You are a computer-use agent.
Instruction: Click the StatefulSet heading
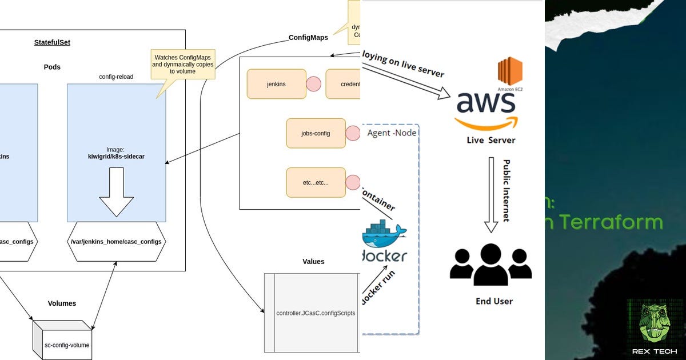(x=52, y=42)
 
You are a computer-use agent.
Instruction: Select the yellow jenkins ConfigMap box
(x=276, y=84)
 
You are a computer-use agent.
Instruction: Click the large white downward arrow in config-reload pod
(x=117, y=191)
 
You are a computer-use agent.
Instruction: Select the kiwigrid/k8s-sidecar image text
(x=116, y=156)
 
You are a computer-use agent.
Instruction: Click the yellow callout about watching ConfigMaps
(x=182, y=64)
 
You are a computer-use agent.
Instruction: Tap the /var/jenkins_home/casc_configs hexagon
(x=117, y=242)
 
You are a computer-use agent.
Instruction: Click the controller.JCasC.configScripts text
(x=316, y=313)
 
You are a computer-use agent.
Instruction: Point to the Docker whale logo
(x=384, y=234)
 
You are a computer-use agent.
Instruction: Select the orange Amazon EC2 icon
(x=510, y=71)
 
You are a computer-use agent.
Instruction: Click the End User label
(x=494, y=301)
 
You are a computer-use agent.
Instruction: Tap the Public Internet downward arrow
(x=491, y=194)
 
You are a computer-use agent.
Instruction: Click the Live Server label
(x=490, y=140)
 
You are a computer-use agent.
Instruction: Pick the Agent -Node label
(x=392, y=133)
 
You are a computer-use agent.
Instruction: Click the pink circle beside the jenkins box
(x=313, y=84)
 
